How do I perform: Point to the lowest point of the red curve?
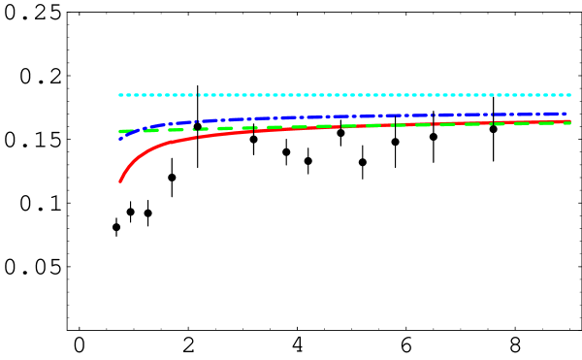click(119, 181)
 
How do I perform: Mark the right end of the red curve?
click(569, 121)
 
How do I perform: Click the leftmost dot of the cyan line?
click(120, 95)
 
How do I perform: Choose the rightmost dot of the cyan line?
click(568, 95)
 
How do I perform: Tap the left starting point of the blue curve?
click(119, 139)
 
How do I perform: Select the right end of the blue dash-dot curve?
click(566, 114)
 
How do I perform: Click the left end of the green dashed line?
click(120, 131)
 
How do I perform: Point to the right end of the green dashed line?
click(569, 123)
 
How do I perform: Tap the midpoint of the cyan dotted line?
click(344, 95)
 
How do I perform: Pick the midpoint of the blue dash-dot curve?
click(342, 116)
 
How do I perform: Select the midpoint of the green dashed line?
click(344, 126)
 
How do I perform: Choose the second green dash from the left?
click(151, 130)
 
